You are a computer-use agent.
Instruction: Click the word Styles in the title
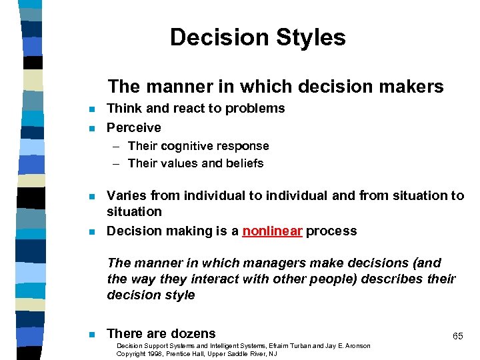[309, 37]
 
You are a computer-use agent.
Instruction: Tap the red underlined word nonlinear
[273, 231]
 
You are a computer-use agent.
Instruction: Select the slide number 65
[457, 337]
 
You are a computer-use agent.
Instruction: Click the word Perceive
[134, 127]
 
